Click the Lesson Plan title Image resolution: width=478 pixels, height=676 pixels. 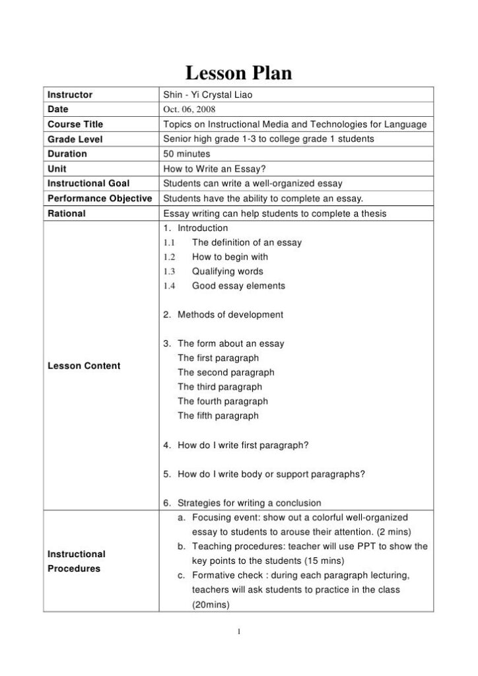click(238, 73)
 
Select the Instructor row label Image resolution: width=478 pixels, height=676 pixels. click(70, 94)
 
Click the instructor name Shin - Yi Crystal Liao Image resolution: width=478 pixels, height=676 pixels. click(207, 94)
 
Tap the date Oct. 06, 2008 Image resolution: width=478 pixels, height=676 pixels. click(189, 109)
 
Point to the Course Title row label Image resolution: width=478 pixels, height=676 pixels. click(75, 124)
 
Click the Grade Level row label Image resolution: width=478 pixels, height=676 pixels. click(75, 139)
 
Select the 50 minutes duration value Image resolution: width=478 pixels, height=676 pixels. click(188, 154)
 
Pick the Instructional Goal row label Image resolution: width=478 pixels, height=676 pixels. click(88, 184)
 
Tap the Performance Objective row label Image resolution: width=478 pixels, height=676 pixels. click(100, 198)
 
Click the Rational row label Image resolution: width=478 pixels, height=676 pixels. click(67, 213)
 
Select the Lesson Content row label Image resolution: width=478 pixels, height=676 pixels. click(84, 366)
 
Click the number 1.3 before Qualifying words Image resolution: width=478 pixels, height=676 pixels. click(168, 271)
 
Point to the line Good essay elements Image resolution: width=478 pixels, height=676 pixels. click(238, 286)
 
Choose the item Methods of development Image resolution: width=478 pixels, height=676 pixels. click(230, 315)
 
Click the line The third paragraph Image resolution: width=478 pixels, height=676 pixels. click(220, 387)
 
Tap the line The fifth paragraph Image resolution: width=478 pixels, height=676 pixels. click(218, 416)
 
